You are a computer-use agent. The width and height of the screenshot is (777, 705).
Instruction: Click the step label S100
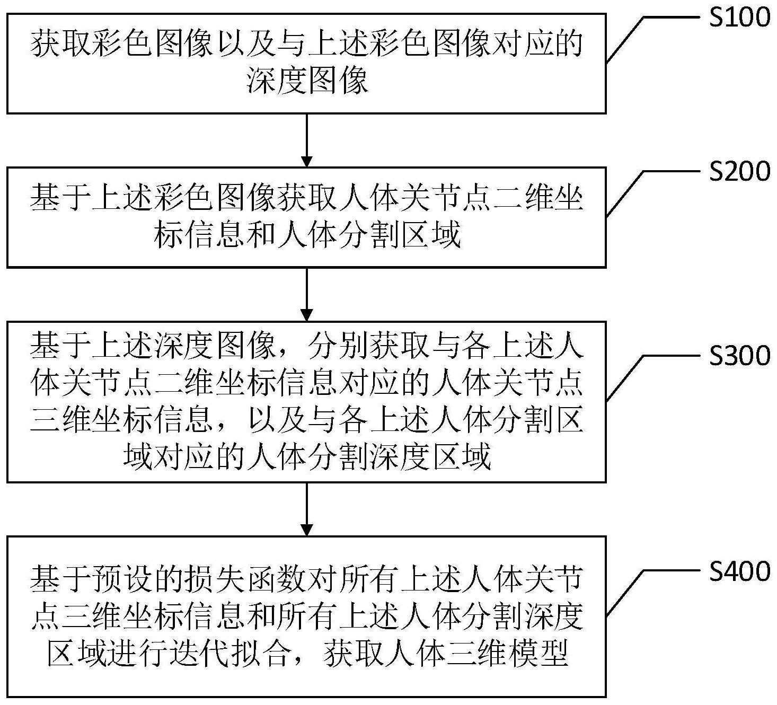(739, 17)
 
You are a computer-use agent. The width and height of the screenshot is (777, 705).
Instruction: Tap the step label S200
(739, 171)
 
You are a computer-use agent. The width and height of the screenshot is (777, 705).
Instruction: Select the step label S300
(739, 356)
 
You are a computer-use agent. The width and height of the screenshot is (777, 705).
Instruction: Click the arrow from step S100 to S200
(307, 140)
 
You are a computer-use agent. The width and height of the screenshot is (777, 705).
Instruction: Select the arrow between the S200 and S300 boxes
(307, 294)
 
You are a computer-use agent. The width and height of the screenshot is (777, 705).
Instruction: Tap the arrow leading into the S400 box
(307, 509)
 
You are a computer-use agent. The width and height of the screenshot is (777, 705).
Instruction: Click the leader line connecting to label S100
(654, 39)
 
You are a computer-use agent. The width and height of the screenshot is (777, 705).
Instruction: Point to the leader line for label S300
(654, 377)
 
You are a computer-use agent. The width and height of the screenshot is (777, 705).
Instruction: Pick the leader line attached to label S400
(654, 593)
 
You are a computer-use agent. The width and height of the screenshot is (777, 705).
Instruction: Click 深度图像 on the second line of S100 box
(307, 81)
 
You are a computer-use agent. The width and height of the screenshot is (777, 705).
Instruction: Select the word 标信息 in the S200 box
(199, 234)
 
